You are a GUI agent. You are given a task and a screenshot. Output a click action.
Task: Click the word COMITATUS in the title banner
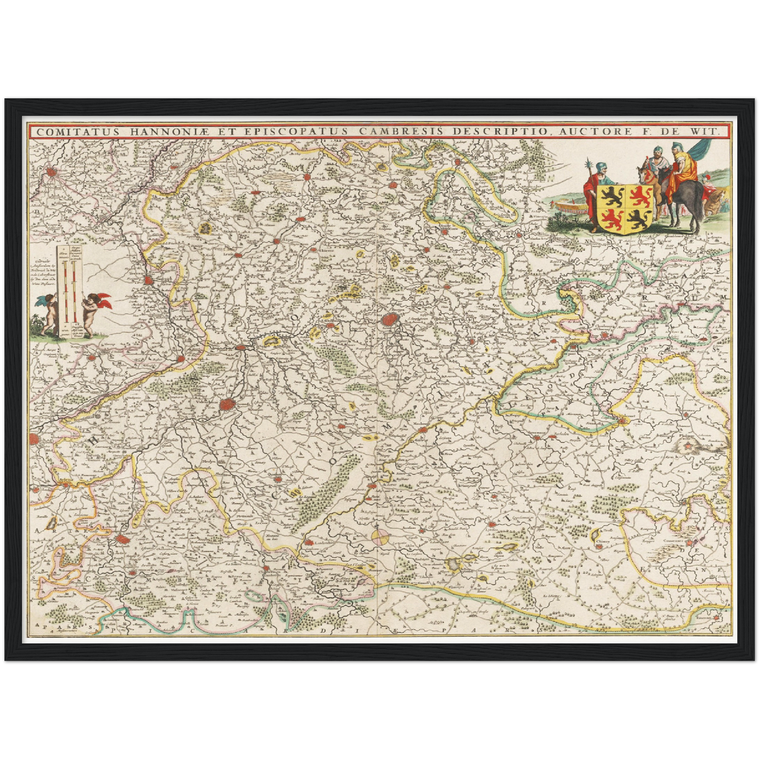coord(64,131)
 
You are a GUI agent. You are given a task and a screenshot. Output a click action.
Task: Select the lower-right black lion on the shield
coord(638,220)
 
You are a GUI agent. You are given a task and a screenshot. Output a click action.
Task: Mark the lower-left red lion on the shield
coord(612,218)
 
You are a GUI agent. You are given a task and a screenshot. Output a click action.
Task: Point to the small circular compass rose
coord(380,536)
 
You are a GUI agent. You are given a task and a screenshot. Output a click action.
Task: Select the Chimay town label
coord(603,546)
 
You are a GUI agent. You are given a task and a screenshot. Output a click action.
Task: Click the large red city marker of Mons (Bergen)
coord(390,319)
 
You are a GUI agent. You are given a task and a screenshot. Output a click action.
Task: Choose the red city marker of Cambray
coord(123,538)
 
